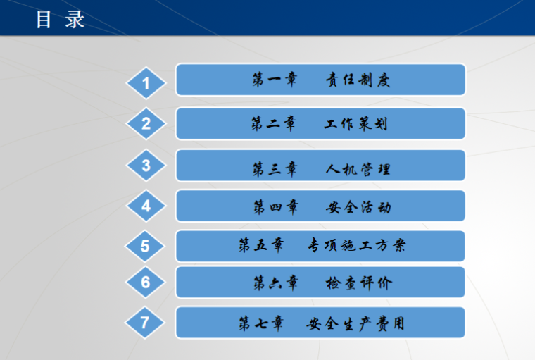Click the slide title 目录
[60, 19]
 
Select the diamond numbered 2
[146, 124]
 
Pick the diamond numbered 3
[146, 166]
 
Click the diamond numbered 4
[146, 206]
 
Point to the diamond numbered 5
[145, 247]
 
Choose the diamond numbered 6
[146, 283]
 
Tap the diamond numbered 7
[145, 323]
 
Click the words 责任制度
[357, 80]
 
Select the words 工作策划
[356, 125]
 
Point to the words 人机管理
[358, 169]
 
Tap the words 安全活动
[358, 207]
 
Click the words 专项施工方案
[356, 246]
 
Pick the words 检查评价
[358, 283]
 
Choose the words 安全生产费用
[355, 324]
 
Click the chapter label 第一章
[275, 80]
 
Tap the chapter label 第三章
[275, 169]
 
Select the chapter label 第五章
[261, 246]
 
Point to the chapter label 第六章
[275, 283]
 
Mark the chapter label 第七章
[261, 324]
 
